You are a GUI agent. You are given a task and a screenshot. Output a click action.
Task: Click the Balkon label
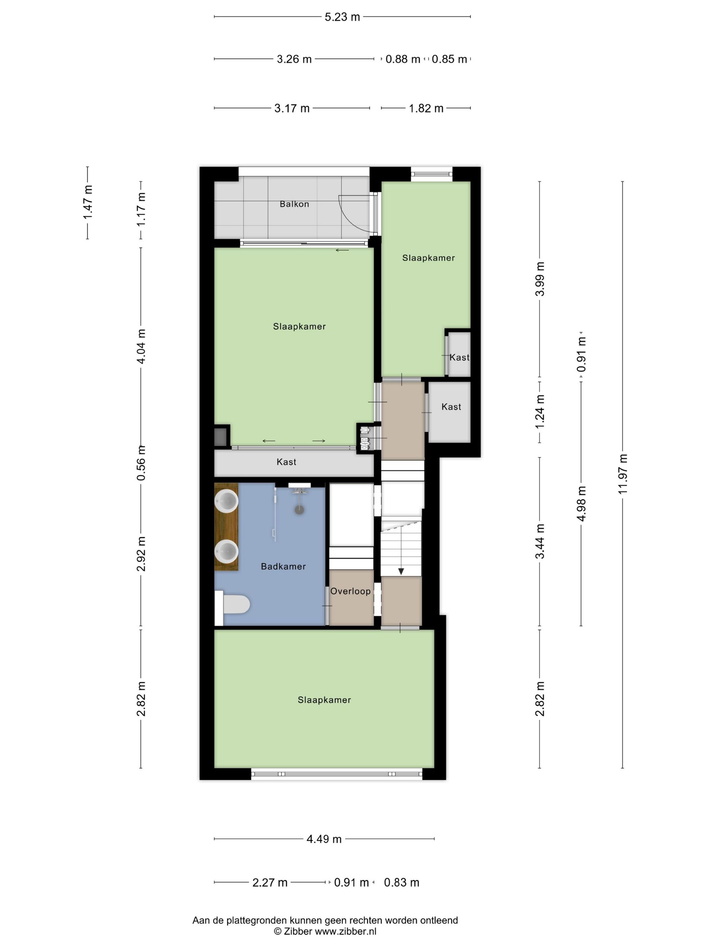coord(294,204)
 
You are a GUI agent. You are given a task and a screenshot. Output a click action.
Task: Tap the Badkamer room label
coord(283,567)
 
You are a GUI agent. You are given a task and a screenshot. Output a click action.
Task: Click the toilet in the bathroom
coord(236,604)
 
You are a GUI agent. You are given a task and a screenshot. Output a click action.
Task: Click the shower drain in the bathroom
coord(300,509)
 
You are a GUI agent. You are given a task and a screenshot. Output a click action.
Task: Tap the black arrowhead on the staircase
coord(401,572)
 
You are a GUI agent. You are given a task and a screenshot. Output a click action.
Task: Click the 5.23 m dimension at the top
coord(342,17)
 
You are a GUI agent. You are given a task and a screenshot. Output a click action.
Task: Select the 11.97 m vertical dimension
coord(623,474)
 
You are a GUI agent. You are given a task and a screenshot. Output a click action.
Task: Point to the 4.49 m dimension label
coord(324,839)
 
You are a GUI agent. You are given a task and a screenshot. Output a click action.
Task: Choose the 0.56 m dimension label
coord(141,463)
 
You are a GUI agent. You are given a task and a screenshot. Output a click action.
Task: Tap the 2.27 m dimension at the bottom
coord(269,882)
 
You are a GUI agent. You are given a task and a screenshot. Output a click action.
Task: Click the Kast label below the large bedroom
coord(286,462)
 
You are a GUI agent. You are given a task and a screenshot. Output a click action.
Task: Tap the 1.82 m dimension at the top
coord(426,108)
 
